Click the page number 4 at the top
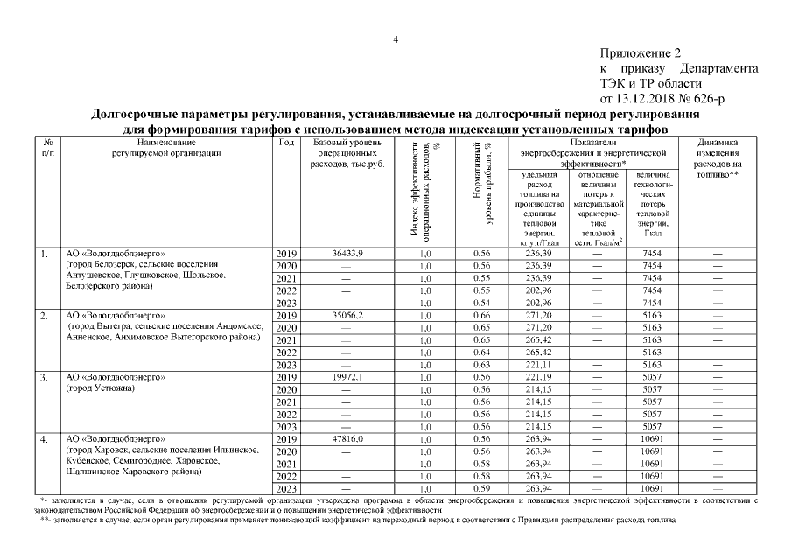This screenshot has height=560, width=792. click(396, 40)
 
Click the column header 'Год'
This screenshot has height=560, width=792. click(285, 142)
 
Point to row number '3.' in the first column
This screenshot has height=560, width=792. click(44, 377)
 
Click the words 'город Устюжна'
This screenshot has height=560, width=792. click(99, 388)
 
